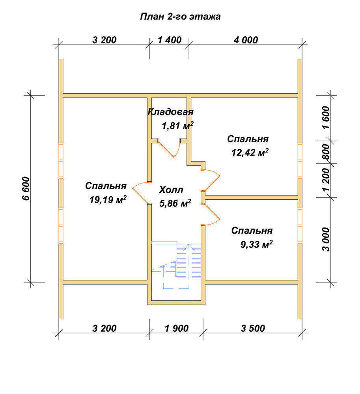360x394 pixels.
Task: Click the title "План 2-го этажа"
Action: [x=180, y=17]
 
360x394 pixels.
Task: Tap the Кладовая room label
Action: [x=170, y=112]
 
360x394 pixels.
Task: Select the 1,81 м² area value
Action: [x=177, y=125]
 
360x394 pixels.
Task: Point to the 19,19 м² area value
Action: [x=108, y=199]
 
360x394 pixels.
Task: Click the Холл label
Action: [x=171, y=190]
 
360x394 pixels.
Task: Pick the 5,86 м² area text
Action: [x=175, y=203]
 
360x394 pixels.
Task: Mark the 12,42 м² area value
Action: [x=250, y=152]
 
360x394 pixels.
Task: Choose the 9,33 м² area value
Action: [x=256, y=244]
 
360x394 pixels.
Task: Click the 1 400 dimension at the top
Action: [x=170, y=40]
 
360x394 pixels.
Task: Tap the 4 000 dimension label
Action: [x=246, y=40]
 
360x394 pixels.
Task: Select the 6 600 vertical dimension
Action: [x=26, y=188]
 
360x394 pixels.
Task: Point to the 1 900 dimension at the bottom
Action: [x=177, y=328]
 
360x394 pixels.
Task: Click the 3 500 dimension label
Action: [x=253, y=328]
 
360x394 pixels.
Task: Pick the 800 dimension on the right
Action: [x=326, y=152]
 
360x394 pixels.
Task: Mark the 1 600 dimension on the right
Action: [x=326, y=117]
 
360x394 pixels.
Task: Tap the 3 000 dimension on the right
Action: [x=326, y=239]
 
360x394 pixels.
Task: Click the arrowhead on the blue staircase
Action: [x=188, y=247]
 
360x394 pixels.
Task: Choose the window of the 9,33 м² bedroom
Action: [x=300, y=226]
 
